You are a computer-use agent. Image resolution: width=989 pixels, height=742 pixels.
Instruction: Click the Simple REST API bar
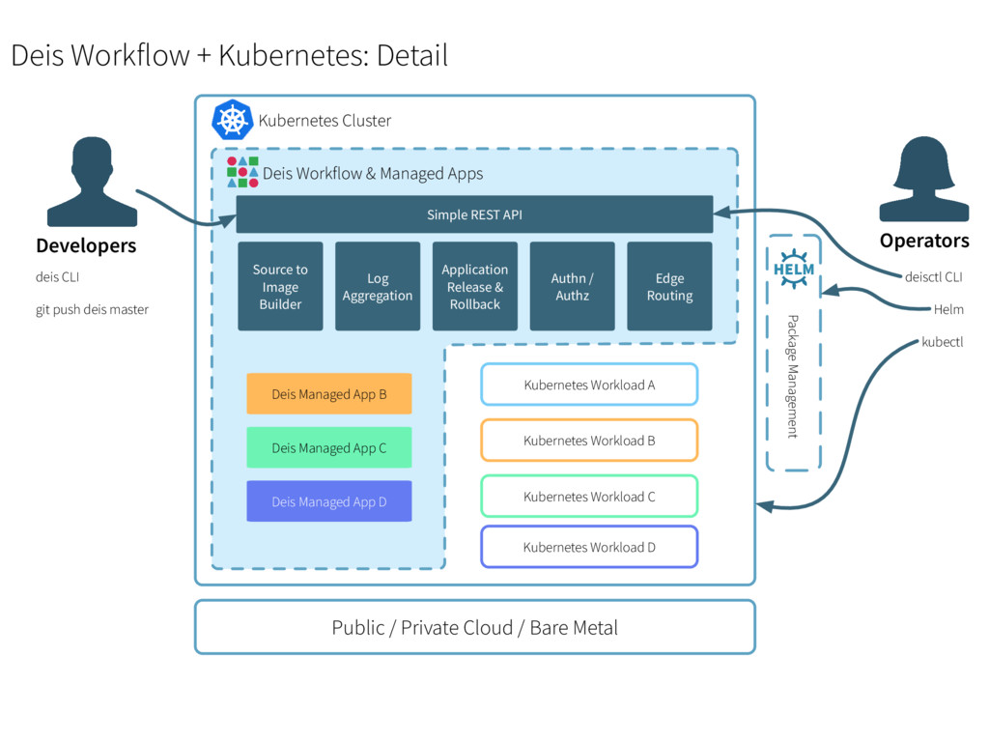(x=474, y=214)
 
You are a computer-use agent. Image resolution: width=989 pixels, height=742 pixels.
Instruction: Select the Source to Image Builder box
(x=280, y=287)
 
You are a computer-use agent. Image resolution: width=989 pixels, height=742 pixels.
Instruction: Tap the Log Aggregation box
(x=378, y=287)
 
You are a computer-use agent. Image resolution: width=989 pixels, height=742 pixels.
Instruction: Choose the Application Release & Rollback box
(x=475, y=287)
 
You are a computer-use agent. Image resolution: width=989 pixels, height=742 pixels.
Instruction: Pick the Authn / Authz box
(x=573, y=287)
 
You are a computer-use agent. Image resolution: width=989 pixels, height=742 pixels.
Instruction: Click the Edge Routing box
(x=670, y=287)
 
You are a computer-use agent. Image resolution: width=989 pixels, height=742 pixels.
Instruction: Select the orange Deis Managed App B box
(x=329, y=394)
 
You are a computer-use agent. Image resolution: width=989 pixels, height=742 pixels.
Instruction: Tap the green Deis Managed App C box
(x=329, y=448)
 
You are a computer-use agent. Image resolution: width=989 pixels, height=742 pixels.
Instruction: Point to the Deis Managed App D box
(x=329, y=501)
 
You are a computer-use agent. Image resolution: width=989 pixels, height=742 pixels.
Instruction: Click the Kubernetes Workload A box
(x=589, y=385)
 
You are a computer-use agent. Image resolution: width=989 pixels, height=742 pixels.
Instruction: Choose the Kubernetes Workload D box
(x=589, y=547)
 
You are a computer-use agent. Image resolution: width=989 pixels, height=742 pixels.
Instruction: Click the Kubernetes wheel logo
(x=232, y=120)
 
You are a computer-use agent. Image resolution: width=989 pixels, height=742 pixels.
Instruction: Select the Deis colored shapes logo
(x=242, y=172)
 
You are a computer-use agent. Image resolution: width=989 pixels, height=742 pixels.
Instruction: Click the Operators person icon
(x=923, y=179)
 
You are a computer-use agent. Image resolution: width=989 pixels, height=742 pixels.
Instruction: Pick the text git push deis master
(x=93, y=310)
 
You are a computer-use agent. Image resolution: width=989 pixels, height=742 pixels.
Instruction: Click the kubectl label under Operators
(x=943, y=342)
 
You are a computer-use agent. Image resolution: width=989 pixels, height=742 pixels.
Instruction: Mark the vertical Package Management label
(x=793, y=376)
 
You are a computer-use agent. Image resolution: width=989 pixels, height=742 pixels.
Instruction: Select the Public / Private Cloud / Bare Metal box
(x=474, y=628)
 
